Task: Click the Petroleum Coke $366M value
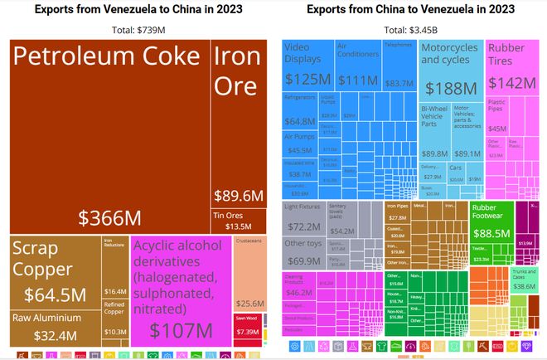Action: (x=109, y=217)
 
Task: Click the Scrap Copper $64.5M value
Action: (x=55, y=294)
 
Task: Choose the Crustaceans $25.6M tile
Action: (x=249, y=274)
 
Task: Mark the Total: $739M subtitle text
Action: (x=138, y=30)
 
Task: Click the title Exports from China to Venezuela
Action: (x=409, y=10)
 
